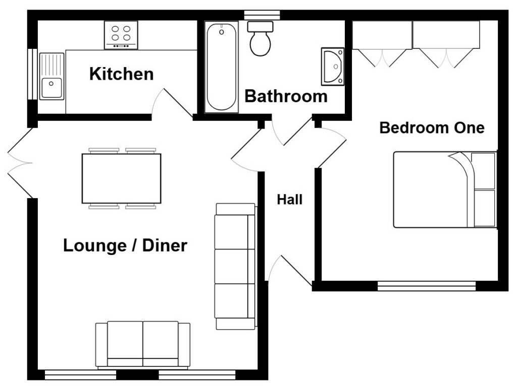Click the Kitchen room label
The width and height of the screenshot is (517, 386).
tap(121, 74)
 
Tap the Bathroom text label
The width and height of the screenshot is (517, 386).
tap(286, 96)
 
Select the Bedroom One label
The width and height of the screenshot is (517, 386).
tap(432, 127)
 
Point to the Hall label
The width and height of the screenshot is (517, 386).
tap(290, 200)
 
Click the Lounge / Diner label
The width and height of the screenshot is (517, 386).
tap(125, 246)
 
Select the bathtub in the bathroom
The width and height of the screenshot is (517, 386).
tap(221, 67)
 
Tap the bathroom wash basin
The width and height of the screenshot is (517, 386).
tap(333, 66)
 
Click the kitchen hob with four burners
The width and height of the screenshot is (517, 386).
tap(121, 34)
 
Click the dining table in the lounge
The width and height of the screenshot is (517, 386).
tap(121, 178)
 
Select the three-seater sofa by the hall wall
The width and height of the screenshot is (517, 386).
tap(235, 266)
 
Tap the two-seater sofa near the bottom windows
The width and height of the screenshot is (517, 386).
tap(143, 344)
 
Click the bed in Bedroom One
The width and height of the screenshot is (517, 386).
tap(434, 189)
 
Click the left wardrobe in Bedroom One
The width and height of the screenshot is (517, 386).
tap(382, 35)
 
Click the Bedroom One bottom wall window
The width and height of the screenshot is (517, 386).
tap(427, 286)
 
